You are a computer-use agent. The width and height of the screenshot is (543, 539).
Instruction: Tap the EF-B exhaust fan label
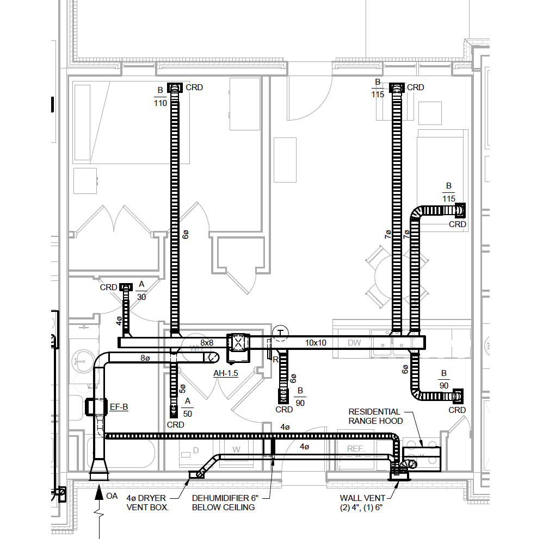point(119,406)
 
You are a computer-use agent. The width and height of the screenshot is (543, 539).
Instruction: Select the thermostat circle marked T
point(280,332)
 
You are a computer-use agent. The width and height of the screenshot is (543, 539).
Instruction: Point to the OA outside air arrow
point(99,493)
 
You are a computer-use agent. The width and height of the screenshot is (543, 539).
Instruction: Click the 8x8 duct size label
point(207,343)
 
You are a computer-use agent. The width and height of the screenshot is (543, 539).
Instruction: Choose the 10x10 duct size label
point(316,343)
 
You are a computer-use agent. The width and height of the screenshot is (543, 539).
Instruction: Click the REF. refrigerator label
point(356,448)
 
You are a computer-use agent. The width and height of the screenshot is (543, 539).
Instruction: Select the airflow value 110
point(161,103)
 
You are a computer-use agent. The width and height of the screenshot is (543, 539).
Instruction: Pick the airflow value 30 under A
point(141,297)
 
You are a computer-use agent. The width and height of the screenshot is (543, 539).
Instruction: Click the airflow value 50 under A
point(188,414)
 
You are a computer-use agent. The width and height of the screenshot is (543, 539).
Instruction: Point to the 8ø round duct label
point(145,358)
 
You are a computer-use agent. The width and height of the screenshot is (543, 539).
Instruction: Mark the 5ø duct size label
point(183,389)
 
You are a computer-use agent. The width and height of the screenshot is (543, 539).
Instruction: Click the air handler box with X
point(239,342)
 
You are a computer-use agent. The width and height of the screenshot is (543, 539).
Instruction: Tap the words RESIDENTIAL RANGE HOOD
point(375,416)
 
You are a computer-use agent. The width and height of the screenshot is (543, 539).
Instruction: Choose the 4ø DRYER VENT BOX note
point(148,503)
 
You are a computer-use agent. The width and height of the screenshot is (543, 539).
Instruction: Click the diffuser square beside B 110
point(175,87)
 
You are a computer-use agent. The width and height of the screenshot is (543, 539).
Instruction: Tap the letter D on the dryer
point(196,449)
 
